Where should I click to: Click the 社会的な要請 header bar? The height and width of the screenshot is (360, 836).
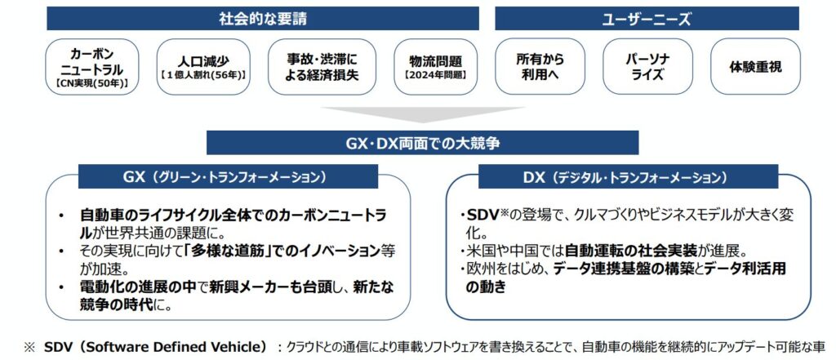[x=263, y=19]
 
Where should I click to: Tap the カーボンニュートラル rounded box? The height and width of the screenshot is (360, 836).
[x=92, y=67]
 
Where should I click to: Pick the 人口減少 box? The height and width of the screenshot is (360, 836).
[x=203, y=67]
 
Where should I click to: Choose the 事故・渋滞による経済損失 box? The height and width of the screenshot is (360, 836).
[x=322, y=67]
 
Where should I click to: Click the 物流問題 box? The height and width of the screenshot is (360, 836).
[x=436, y=67]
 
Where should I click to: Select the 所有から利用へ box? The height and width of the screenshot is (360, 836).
[x=540, y=67]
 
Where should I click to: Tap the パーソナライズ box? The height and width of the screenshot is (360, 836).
[x=647, y=67]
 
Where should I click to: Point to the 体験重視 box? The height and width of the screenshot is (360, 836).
[x=755, y=67]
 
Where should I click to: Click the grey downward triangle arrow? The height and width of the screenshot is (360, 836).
[x=423, y=113]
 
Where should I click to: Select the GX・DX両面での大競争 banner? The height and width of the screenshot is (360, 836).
[x=422, y=143]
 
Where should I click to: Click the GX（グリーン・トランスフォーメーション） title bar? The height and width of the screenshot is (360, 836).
[x=229, y=176]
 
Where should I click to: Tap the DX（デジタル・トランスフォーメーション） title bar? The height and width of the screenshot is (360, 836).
[x=628, y=176]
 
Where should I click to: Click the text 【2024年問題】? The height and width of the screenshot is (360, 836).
[x=436, y=76]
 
